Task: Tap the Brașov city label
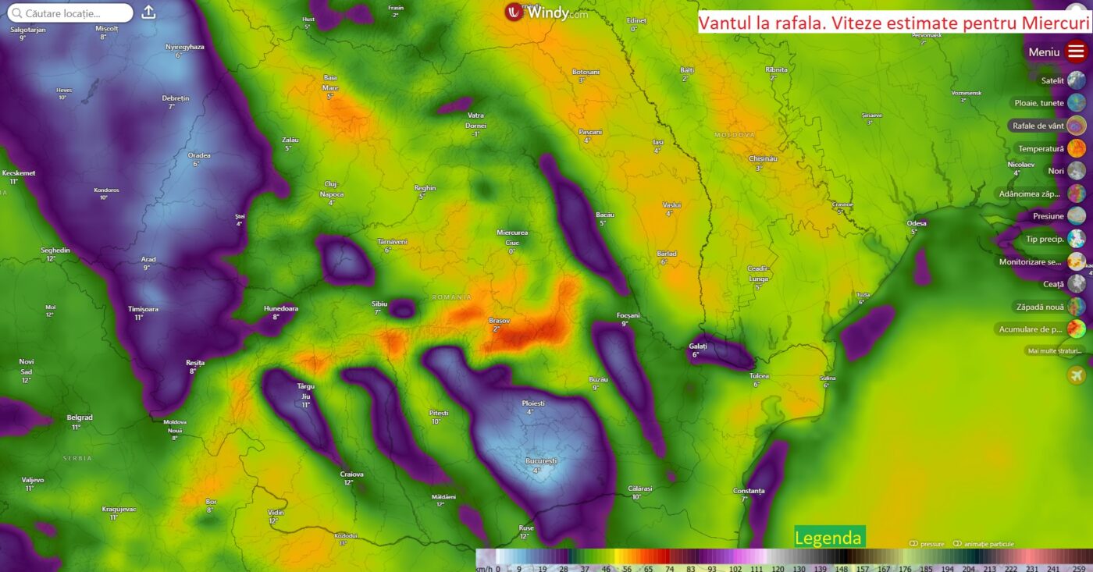[x=498, y=321]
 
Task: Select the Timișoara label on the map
[x=143, y=309]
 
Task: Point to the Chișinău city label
[x=763, y=158]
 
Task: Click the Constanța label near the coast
[x=749, y=491]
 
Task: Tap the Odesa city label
[x=917, y=223]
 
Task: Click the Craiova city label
[x=351, y=474]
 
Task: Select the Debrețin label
[x=175, y=98]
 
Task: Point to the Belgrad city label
[x=79, y=417]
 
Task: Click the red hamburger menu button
[x=1076, y=52]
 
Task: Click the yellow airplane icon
[x=1077, y=375]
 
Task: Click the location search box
[x=70, y=13]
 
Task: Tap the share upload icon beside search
[x=149, y=12]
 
